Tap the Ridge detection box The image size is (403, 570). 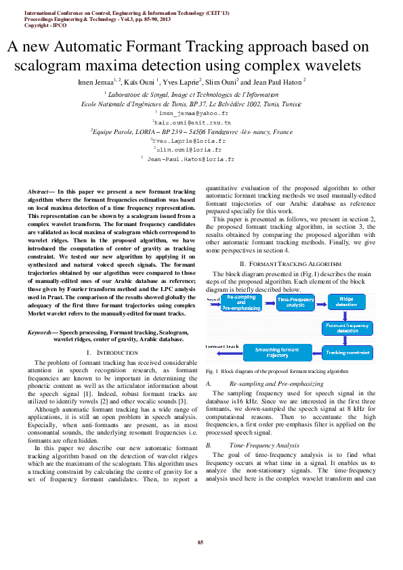click(x=347, y=302)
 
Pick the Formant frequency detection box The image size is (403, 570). click(x=347, y=328)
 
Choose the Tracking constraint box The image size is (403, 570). click(x=347, y=352)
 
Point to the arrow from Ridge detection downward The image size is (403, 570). click(x=347, y=315)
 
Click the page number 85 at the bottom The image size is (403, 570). click(x=200, y=542)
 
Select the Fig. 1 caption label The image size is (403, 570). click(x=211, y=372)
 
